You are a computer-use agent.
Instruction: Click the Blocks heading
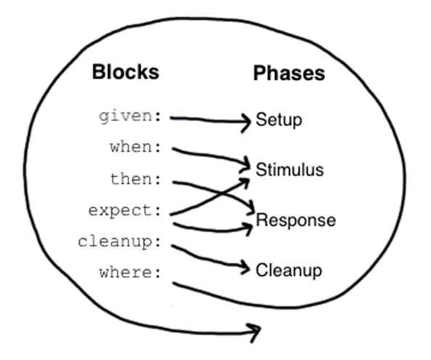[126, 72]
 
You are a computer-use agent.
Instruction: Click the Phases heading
[290, 73]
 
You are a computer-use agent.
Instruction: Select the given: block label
[130, 117]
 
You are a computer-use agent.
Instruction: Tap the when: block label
[135, 147]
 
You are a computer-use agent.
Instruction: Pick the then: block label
[136, 179]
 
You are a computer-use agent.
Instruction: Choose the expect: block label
[125, 211]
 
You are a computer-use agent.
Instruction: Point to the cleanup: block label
[119, 242]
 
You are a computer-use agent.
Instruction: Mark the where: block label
[130, 273]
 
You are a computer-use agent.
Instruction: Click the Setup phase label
[279, 120]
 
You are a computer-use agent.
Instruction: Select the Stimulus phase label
[290, 170]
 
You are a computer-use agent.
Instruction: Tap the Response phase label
[296, 221]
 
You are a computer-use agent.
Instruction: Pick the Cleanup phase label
[289, 271]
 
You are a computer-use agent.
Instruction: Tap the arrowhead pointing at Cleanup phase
[245, 268]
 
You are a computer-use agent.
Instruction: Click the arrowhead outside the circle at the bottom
[255, 332]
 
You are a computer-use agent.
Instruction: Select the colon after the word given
[157, 117]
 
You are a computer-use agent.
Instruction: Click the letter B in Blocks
[99, 72]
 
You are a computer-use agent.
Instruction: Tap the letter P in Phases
[260, 73]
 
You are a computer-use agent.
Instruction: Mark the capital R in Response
[262, 220]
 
